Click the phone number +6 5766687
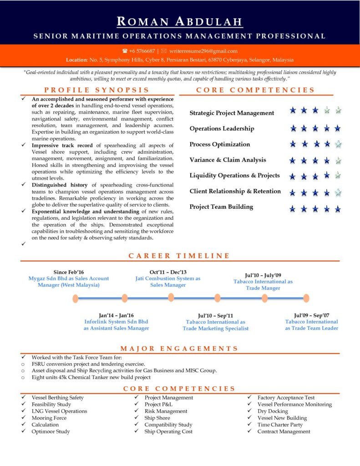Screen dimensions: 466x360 pyautogui.click(x=142, y=51)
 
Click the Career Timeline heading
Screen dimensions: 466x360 pyautogui.click(x=179, y=256)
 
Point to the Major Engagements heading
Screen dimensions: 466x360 pyautogui.click(x=179, y=349)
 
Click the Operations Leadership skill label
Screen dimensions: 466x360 pyautogui.click(x=222, y=128)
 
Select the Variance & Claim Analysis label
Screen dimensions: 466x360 pyautogui.click(x=228, y=160)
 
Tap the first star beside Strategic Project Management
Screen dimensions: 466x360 pyautogui.click(x=293, y=110)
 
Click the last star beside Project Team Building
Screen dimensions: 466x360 pyautogui.click(x=338, y=209)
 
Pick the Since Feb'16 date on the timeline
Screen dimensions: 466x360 pyautogui.click(x=69, y=272)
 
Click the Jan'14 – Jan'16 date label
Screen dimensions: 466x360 pyautogui.click(x=116, y=315)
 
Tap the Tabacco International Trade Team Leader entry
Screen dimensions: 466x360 pyautogui.click(x=312, y=325)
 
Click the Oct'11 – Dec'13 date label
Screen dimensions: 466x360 pyautogui.click(x=168, y=272)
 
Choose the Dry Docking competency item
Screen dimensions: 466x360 pyautogui.click(x=273, y=411)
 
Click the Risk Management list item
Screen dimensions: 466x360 pyautogui.click(x=166, y=411)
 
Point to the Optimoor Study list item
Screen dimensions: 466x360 pyautogui.click(x=51, y=431)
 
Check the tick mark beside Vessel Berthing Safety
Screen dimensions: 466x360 pyautogui.click(x=23, y=397)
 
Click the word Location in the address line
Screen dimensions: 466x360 pyautogui.click(x=76, y=60)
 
